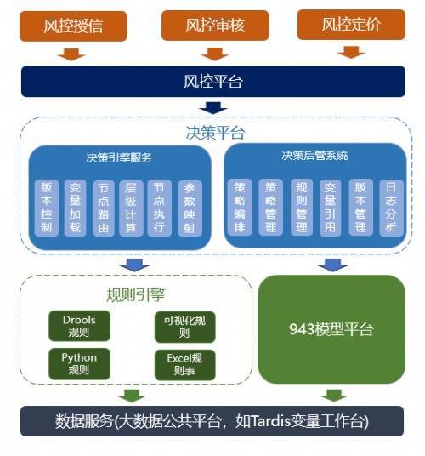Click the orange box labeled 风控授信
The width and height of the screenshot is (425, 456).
click(x=73, y=26)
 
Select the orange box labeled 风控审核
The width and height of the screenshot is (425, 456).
click(x=215, y=26)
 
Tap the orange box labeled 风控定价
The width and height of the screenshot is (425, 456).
click(x=351, y=25)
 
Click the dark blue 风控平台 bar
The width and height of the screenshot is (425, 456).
click(x=213, y=82)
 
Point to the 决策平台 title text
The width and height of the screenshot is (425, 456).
click(x=215, y=133)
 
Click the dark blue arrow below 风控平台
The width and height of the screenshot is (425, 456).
click(x=213, y=107)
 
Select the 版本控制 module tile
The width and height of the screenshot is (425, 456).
click(x=47, y=208)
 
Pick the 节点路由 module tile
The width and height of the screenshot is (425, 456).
click(x=104, y=208)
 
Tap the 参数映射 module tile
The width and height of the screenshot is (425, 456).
click(x=190, y=208)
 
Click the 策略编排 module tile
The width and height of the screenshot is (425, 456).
click(x=240, y=207)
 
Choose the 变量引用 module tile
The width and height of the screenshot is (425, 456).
click(x=330, y=208)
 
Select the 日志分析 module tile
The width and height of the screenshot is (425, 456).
click(x=391, y=208)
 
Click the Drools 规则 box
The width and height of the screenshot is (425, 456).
click(x=79, y=326)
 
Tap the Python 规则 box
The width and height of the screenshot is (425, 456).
click(x=79, y=364)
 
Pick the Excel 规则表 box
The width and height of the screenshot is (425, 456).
click(x=184, y=365)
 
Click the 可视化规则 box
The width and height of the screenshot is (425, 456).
click(x=184, y=327)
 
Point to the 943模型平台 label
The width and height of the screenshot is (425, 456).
click(x=331, y=329)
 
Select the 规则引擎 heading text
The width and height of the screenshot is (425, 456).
click(x=136, y=295)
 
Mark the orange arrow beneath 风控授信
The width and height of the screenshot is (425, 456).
click(x=71, y=54)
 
